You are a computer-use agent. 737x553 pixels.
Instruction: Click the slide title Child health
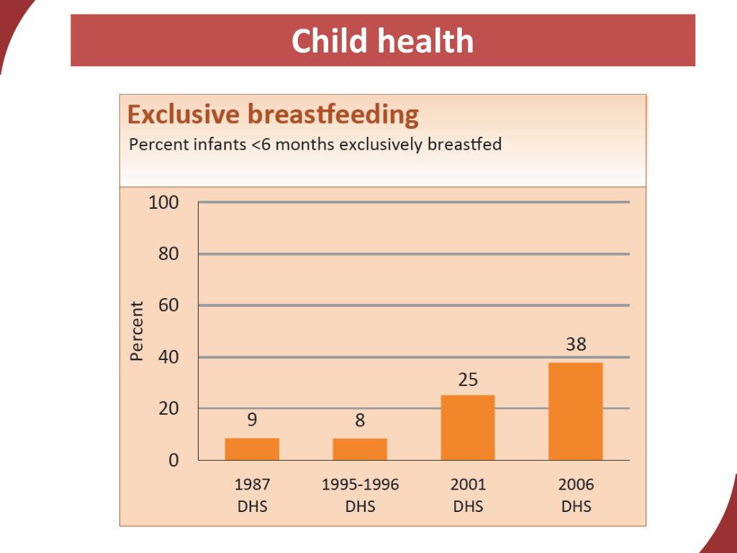pos(382,41)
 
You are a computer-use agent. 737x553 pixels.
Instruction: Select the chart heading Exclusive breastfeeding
pos(272,115)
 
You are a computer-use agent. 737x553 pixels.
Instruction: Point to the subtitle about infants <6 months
pos(315,144)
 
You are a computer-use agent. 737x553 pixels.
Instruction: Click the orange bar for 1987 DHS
pos(252,449)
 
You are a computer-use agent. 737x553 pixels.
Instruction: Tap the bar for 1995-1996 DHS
pos(360,449)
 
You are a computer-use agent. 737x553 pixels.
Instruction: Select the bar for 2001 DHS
pos(468,427)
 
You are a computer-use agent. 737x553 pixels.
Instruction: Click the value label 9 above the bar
pos(252,420)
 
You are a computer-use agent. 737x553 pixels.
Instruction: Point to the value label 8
pos(360,421)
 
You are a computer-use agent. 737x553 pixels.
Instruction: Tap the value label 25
pos(468,379)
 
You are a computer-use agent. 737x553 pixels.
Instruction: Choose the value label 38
pos(576,345)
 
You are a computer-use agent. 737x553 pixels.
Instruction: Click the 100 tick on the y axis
pos(163,203)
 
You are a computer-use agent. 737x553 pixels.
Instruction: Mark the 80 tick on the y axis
pos(168,254)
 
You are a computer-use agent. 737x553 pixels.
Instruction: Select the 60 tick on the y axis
pos(168,305)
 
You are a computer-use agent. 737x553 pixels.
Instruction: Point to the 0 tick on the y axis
pos(173,460)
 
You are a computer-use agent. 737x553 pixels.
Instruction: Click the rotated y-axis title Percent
pos(137,331)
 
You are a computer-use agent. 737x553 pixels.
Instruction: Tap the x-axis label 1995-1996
pos(360,485)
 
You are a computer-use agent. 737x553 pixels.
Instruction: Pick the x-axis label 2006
pos(576,485)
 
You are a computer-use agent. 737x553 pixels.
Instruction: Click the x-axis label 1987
pos(252,485)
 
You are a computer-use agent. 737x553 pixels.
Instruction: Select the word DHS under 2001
pos(468,506)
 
